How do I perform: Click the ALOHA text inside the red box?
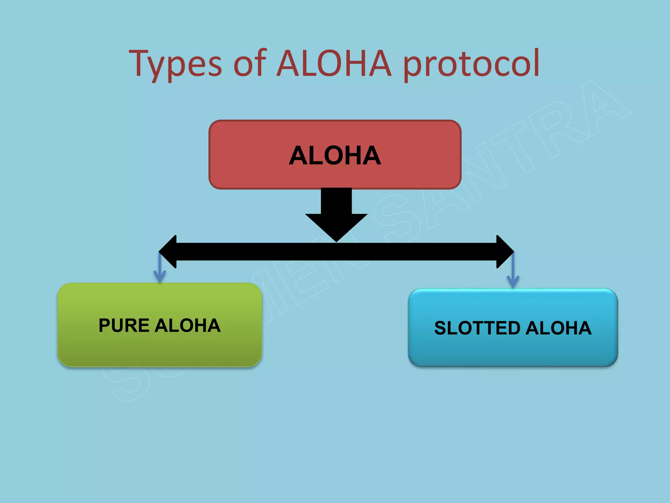pos(335,156)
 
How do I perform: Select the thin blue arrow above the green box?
pos(160,269)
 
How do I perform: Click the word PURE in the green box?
pos(124,326)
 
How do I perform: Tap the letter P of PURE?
pos(105,326)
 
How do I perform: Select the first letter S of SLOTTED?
pos(440,328)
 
